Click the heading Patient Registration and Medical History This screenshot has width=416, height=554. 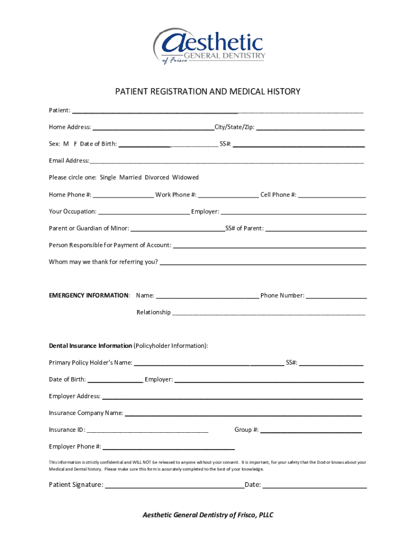click(207, 92)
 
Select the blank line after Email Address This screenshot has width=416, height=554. click(227, 161)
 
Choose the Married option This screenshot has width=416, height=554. click(130, 177)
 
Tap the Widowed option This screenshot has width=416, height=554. click(185, 177)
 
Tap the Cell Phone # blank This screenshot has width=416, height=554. click(332, 195)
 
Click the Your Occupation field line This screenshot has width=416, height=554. click(144, 212)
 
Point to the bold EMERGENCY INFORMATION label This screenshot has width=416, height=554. click(89, 295)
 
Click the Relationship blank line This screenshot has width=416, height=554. click(269, 313)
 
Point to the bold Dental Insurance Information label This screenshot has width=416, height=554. click(90, 346)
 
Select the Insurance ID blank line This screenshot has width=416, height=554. click(147, 431)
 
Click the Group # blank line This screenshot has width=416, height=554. click(311, 431)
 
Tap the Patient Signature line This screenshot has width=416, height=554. click(174, 485)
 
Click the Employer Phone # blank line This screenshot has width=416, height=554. click(169, 447)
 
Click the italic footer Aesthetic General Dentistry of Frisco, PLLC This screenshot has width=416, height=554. click(207, 515)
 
